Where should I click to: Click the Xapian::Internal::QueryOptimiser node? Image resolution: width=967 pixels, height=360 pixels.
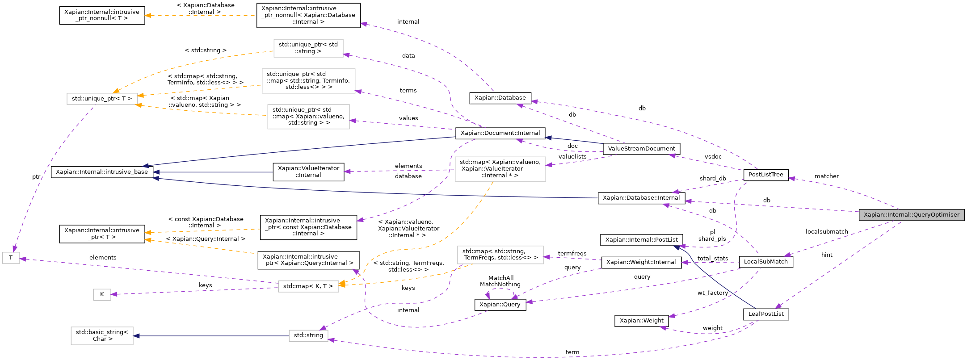tap(911, 215)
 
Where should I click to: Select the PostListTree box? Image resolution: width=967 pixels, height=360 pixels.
tap(765, 175)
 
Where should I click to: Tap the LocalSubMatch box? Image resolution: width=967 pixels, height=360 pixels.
tap(765, 262)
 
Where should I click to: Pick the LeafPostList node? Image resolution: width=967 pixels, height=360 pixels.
tap(766, 314)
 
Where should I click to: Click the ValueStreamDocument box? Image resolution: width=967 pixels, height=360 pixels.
tap(641, 149)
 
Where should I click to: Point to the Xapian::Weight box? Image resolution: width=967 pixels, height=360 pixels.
tap(641, 321)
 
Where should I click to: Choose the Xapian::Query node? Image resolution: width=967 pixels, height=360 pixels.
tap(500, 305)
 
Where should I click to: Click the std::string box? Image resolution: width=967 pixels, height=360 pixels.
tap(308, 335)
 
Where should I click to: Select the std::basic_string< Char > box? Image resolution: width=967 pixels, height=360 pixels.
tap(102, 335)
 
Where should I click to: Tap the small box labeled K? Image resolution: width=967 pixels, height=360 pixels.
tap(102, 294)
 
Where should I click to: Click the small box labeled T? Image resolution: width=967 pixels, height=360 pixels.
tap(11, 258)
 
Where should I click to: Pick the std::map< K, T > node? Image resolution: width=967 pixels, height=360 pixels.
tap(308, 286)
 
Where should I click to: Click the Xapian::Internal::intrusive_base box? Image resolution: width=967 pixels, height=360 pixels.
tap(101, 172)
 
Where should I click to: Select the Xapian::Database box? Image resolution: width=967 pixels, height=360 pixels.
tap(500, 98)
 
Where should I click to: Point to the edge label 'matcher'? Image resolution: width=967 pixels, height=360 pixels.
tap(826, 176)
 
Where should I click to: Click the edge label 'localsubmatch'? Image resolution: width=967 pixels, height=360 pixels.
tap(826, 232)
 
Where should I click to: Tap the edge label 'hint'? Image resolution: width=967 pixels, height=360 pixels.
tap(827, 255)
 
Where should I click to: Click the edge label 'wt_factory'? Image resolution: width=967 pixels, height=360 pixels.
tap(712, 293)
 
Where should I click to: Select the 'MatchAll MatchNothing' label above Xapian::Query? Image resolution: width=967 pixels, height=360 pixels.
tap(500, 281)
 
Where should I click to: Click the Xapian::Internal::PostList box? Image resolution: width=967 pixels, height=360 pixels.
tap(641, 240)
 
